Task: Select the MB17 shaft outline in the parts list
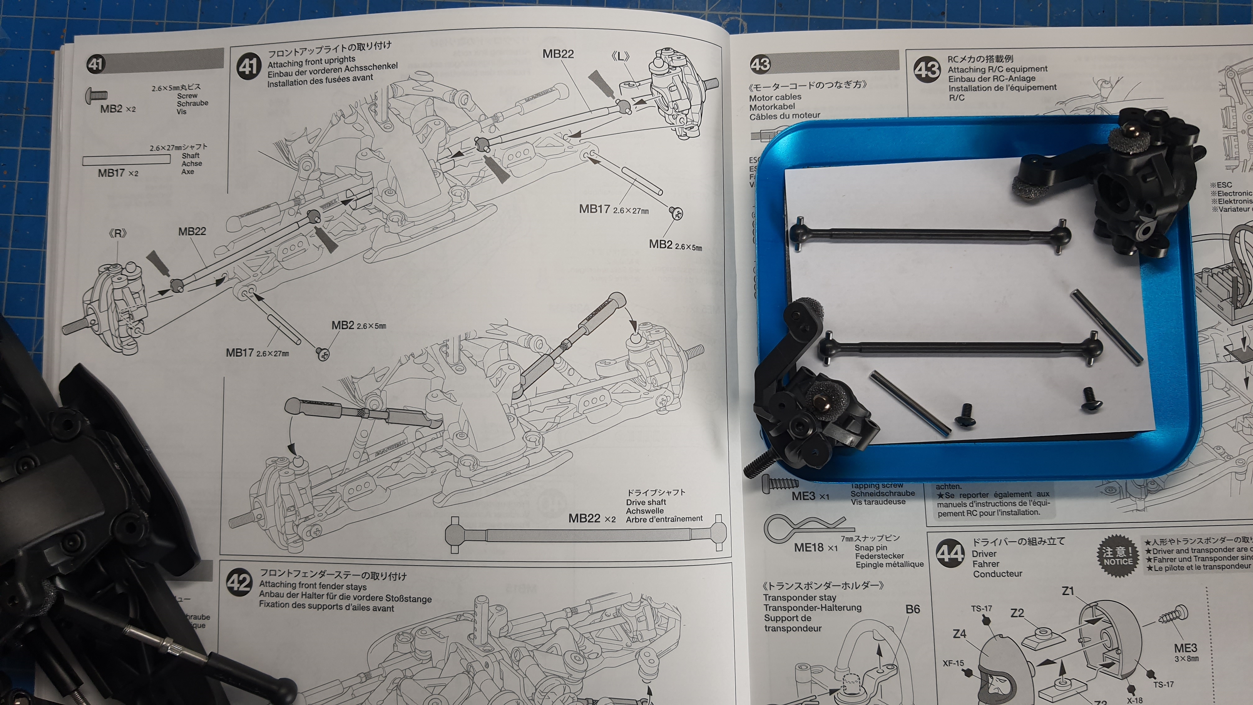pyautogui.click(x=126, y=159)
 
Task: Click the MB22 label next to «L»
pyautogui.click(x=558, y=54)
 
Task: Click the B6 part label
pyautogui.click(x=912, y=609)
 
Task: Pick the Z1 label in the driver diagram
pyautogui.click(x=1068, y=591)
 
